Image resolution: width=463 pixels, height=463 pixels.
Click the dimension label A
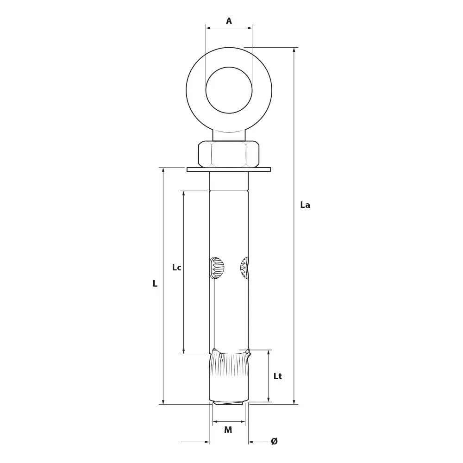(229, 21)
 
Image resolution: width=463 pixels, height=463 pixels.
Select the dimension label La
(305, 205)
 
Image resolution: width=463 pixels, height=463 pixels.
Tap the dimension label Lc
(176, 267)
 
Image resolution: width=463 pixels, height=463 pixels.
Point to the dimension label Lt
(277, 376)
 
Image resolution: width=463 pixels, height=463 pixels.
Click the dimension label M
(228, 430)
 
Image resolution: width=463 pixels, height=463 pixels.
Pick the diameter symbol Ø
(274, 441)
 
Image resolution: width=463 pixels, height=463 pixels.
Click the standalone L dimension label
(155, 283)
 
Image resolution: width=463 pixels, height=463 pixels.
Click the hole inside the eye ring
(229, 90)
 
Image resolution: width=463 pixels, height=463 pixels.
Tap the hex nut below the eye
(229, 154)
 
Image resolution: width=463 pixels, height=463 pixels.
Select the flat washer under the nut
(229, 169)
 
